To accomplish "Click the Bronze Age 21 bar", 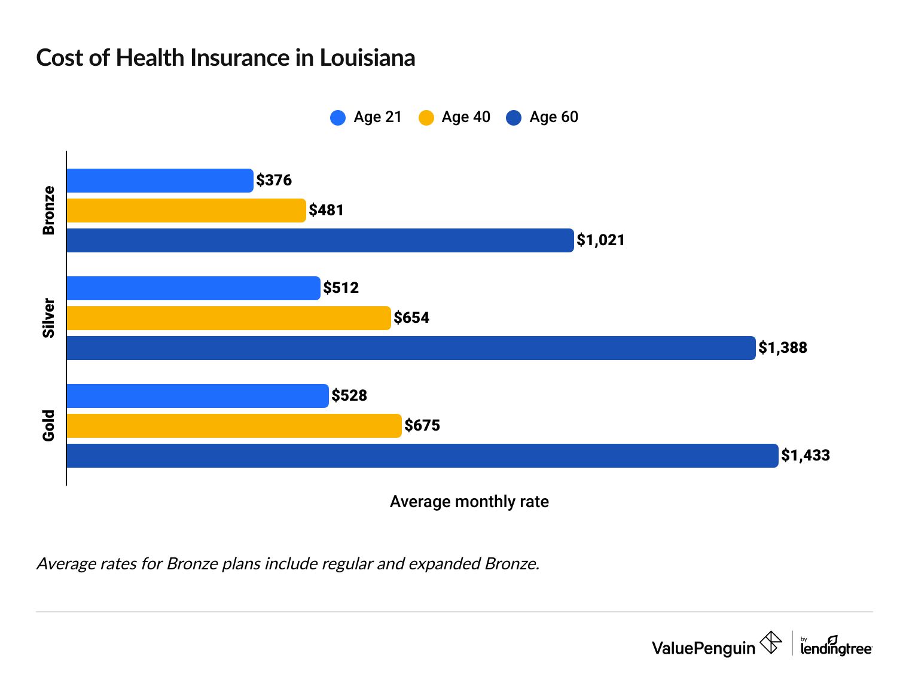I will click(160, 181).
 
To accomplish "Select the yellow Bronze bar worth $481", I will click(186, 211).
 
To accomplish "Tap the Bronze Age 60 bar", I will click(320, 240).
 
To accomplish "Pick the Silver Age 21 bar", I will click(193, 288).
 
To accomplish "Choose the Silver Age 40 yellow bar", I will click(228, 318).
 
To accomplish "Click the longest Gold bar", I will click(422, 456).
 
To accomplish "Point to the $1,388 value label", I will click(783, 347).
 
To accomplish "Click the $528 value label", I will click(349, 395).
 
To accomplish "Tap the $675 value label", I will click(422, 425).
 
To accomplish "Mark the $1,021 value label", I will click(600, 240).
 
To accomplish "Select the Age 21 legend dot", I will click(338, 117).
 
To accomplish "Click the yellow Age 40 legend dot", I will click(426, 117).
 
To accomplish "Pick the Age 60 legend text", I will click(554, 117).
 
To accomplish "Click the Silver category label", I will click(48, 318).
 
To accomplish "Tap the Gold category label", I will click(48, 426).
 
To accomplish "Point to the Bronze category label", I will click(48, 211).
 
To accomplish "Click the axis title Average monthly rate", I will click(469, 502).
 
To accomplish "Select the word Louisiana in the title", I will click(367, 58).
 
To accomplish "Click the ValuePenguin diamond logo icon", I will click(770, 644).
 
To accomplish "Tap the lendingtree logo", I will click(835, 646).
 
